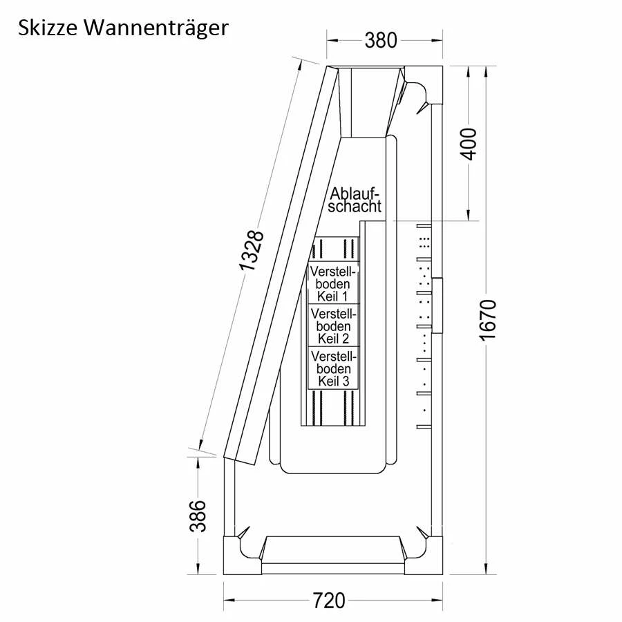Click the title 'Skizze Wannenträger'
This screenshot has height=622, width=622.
tap(122, 28)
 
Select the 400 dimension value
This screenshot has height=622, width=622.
tap(469, 144)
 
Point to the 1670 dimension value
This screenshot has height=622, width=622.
tap(488, 319)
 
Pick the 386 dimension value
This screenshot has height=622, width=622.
tap(198, 516)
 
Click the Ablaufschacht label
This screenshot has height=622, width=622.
tap(355, 200)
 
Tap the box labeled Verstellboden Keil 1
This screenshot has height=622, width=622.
tap(333, 283)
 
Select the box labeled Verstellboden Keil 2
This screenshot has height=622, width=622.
tap(333, 326)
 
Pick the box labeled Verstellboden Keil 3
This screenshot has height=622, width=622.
tap(333, 368)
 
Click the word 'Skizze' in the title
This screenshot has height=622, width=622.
tap(49, 28)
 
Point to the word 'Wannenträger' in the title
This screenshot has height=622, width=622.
tap(158, 28)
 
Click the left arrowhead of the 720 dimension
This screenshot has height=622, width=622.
tap(227, 601)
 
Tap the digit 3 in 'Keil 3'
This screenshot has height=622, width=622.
tap(346, 381)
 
